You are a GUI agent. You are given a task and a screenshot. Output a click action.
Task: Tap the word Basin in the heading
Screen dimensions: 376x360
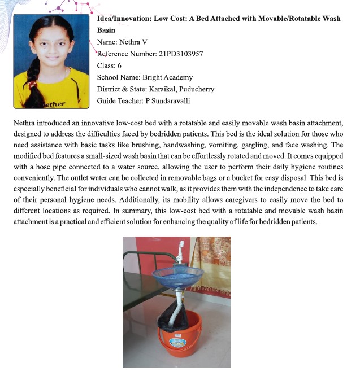pyautogui.click(x=106, y=30)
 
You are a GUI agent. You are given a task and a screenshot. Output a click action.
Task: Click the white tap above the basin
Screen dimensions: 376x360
pyautogui.click(x=181, y=251)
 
